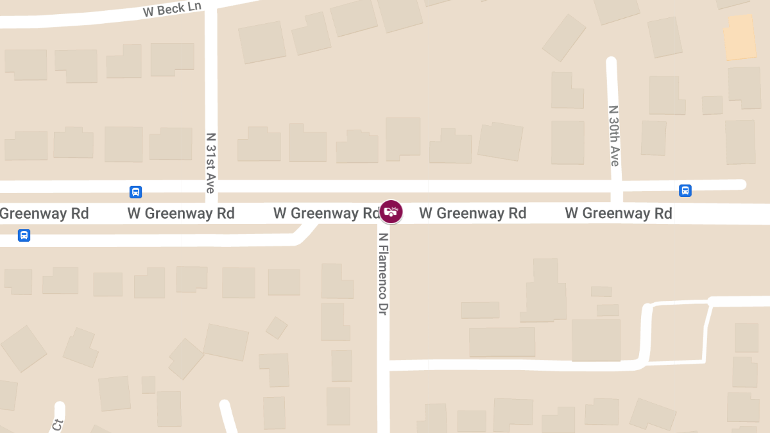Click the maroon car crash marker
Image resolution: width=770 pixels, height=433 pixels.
click(x=391, y=212)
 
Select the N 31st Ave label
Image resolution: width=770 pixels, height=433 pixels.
click(x=210, y=163)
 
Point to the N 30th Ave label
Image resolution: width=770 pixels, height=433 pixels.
click(x=614, y=136)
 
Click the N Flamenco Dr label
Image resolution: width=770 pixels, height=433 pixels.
click(x=383, y=273)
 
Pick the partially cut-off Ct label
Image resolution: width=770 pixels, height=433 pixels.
click(x=58, y=424)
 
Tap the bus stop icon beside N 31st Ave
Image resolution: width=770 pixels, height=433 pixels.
click(x=135, y=192)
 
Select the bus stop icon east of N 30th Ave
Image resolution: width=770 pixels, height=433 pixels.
click(x=685, y=191)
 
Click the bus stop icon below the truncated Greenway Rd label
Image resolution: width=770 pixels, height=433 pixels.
click(x=24, y=235)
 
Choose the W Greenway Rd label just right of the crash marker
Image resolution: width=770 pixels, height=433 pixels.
click(x=473, y=214)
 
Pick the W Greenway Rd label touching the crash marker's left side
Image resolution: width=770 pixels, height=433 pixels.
click(x=326, y=214)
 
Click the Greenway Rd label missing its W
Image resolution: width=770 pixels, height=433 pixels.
click(x=44, y=214)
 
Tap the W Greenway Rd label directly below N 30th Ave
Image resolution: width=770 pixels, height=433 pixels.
click(x=618, y=214)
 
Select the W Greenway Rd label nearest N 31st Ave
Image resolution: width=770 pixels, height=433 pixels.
click(x=181, y=214)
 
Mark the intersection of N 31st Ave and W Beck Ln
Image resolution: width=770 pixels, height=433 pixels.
click(x=210, y=12)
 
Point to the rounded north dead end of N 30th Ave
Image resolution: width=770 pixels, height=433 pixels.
click(x=611, y=62)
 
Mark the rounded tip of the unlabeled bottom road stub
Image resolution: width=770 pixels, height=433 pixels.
click(x=224, y=405)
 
